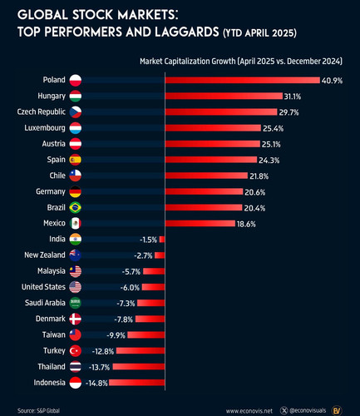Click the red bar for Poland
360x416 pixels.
point(243,80)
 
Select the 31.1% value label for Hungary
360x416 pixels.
point(293,97)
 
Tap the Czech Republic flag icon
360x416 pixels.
point(76,111)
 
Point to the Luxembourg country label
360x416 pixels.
point(45,128)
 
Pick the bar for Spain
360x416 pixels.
point(211,160)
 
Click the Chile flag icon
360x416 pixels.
point(76,176)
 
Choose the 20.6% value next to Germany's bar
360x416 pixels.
point(254,192)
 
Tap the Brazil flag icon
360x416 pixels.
point(76,207)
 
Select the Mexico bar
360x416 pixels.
point(200,224)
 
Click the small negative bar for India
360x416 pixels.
point(162,240)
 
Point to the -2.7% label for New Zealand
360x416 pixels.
point(143,255)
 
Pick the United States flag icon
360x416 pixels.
point(76,287)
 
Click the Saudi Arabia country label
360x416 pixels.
point(45,303)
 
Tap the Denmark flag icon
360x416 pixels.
point(76,319)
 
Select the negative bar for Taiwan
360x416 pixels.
point(146,335)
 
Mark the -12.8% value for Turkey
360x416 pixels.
point(103,351)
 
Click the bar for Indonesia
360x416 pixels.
point(137,383)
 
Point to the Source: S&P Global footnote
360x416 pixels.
point(38,410)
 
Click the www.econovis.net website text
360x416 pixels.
point(249,411)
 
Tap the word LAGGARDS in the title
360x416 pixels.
point(187,32)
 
